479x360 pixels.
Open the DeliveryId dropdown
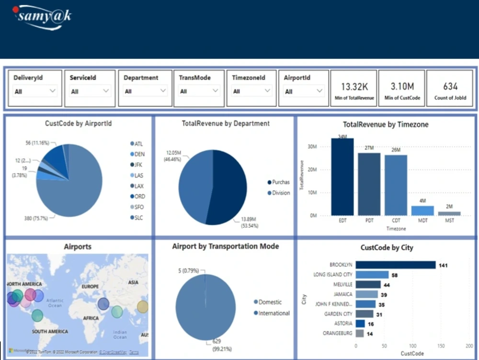click(x=34, y=91)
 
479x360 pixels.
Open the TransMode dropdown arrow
click(x=216, y=91)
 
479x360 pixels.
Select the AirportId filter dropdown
click(x=303, y=91)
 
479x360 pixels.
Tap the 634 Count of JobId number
click(x=450, y=87)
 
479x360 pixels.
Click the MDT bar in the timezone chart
click(x=422, y=210)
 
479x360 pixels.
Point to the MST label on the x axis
click(x=449, y=221)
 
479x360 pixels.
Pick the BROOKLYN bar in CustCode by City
click(x=395, y=265)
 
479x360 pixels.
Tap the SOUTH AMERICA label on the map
click(x=50, y=331)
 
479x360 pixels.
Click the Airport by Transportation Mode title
click(x=225, y=246)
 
